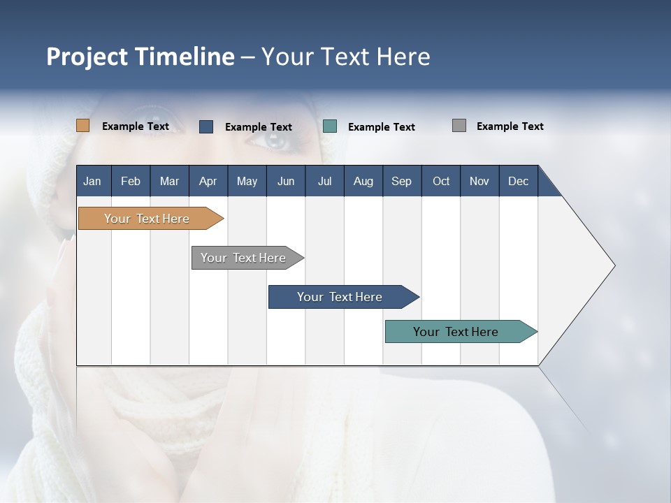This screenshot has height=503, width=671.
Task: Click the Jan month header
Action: (x=92, y=181)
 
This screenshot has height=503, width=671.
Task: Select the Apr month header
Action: (x=208, y=181)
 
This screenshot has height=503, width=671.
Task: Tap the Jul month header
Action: (x=324, y=181)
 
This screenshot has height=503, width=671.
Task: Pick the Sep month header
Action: (x=401, y=181)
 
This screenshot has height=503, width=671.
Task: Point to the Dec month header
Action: (x=518, y=181)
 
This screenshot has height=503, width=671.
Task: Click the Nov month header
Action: (x=479, y=181)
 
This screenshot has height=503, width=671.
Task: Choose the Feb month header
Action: (x=131, y=181)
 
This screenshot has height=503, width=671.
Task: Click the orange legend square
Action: (x=83, y=126)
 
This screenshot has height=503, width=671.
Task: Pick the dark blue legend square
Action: (x=206, y=126)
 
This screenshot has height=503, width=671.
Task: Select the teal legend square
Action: (x=330, y=126)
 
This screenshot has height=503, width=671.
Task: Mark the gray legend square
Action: (x=459, y=126)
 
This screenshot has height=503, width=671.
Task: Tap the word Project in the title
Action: (x=87, y=57)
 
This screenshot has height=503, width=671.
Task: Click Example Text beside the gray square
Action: (x=510, y=126)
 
